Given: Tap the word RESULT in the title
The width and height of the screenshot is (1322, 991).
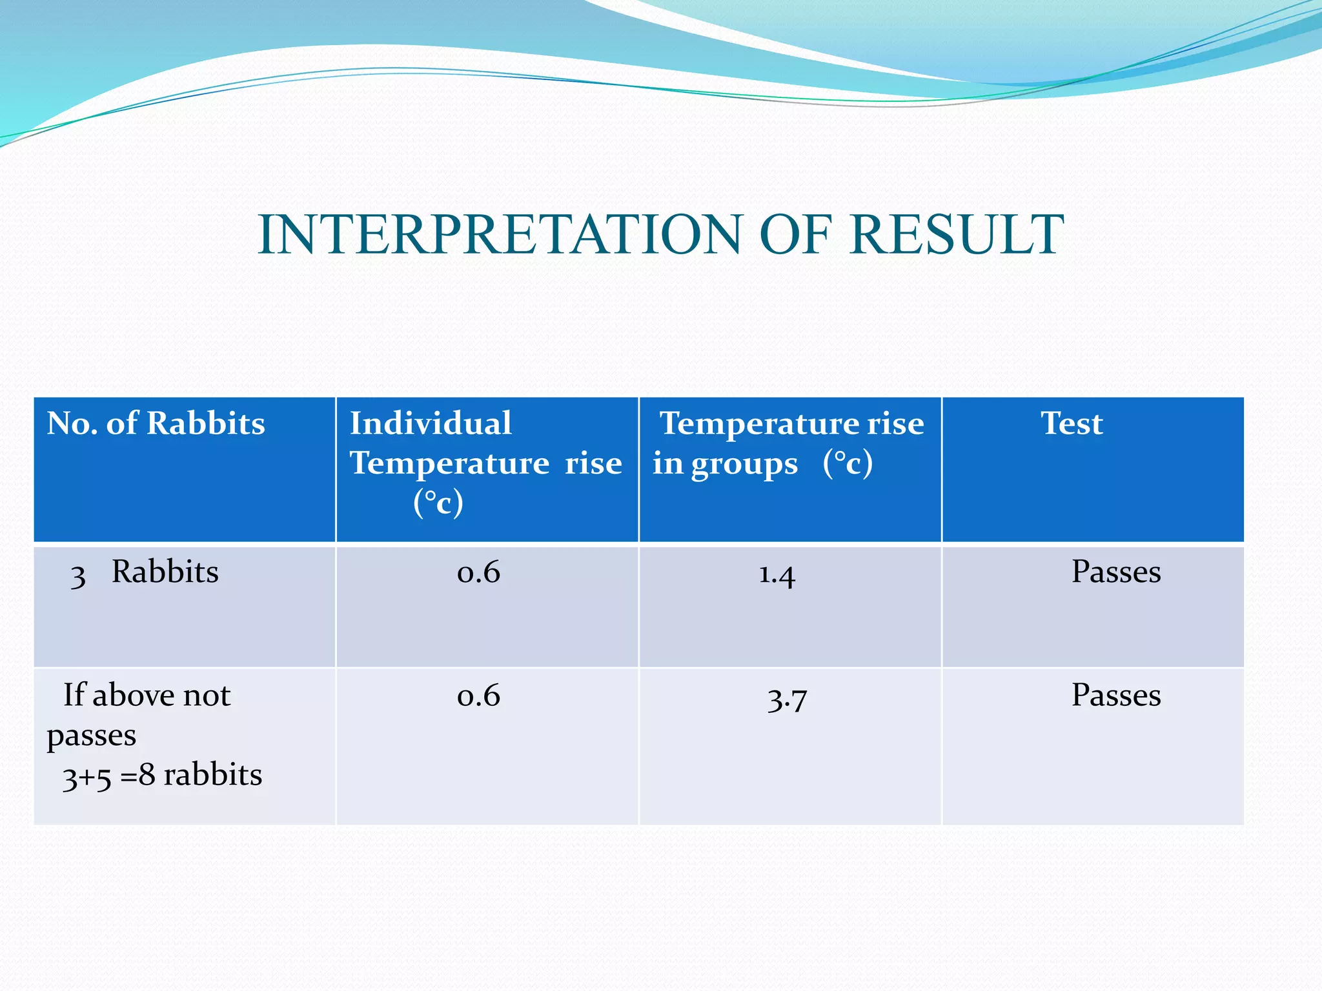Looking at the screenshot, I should click(x=956, y=235).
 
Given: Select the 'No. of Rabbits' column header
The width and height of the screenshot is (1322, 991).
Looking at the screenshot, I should click(x=156, y=424).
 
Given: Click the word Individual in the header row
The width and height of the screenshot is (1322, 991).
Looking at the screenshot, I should click(x=431, y=424).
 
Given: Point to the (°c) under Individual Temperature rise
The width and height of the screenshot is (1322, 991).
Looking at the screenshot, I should click(x=438, y=503).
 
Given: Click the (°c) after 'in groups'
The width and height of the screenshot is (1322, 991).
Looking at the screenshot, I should click(x=848, y=463).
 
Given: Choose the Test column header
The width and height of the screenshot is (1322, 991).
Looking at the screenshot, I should click(x=1072, y=424).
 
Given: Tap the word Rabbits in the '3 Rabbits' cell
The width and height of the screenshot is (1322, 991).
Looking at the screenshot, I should click(x=165, y=572).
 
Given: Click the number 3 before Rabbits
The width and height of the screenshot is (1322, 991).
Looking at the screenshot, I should click(x=78, y=576).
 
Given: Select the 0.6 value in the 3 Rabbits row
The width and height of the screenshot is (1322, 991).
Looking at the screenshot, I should click(x=478, y=572).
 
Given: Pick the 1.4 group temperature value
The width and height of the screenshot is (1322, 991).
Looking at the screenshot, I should click(x=777, y=574).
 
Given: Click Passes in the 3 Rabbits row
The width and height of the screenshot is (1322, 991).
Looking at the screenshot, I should click(x=1116, y=572).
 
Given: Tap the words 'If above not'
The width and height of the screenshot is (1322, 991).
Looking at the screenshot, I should click(x=147, y=696).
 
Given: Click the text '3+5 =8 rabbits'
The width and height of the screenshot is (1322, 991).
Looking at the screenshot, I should click(x=162, y=775).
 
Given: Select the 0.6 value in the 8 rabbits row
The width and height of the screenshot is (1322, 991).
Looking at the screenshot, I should click(x=478, y=696).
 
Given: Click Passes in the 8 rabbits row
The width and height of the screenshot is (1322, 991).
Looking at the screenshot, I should click(x=1116, y=696).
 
